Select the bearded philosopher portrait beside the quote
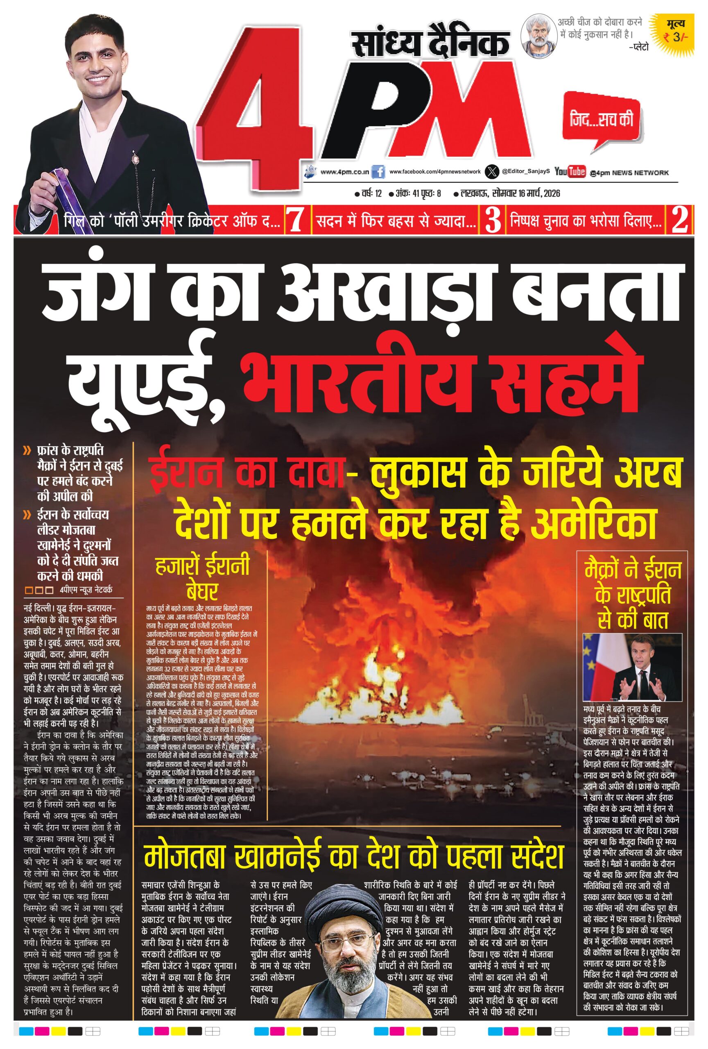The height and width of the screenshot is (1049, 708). pyautogui.click(x=537, y=35)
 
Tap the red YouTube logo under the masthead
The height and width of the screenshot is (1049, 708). pyautogui.click(x=570, y=172)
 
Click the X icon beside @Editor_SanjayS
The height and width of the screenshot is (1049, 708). pyautogui.click(x=491, y=172)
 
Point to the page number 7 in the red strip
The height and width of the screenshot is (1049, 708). pyautogui.click(x=295, y=220)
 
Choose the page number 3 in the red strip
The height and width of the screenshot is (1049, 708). pyautogui.click(x=493, y=220)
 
